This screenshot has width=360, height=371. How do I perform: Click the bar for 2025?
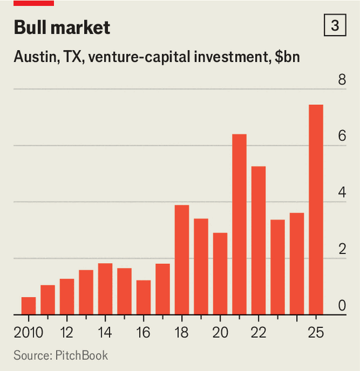pyautogui.click(x=316, y=209)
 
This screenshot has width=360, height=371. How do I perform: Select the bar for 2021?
pyautogui.click(x=239, y=224)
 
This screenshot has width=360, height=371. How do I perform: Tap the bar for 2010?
pyautogui.click(x=28, y=306)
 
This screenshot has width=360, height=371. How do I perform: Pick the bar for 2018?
pyautogui.click(x=182, y=260)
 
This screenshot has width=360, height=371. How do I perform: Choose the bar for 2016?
pyautogui.click(x=143, y=298)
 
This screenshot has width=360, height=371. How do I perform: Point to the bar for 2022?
pyautogui.click(x=258, y=240)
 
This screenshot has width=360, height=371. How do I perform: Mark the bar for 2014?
pyautogui.click(x=105, y=289)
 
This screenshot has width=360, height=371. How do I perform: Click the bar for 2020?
pyautogui.click(x=220, y=274)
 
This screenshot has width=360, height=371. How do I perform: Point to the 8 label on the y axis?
pyautogui.click(x=342, y=79)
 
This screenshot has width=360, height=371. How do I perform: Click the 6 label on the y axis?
pyautogui.click(x=342, y=136)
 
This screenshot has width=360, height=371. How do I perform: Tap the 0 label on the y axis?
pyautogui.click(x=342, y=305)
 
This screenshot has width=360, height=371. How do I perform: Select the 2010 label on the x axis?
pyautogui.click(x=28, y=333)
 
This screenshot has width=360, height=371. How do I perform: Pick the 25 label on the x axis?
pyautogui.click(x=316, y=333)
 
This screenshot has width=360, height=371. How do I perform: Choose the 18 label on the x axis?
pyautogui.click(x=182, y=333)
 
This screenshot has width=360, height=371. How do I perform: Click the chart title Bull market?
pyautogui.click(x=62, y=27)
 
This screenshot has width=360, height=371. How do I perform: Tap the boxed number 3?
pyautogui.click(x=335, y=25)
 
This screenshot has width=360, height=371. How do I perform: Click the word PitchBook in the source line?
pyautogui.click(x=82, y=356)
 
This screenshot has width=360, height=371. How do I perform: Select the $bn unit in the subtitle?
pyautogui.click(x=287, y=57)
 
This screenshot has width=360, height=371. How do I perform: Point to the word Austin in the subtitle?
pyautogui.click(x=37, y=57)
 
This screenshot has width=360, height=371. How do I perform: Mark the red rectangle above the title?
pyautogui.click(x=34, y=3)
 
